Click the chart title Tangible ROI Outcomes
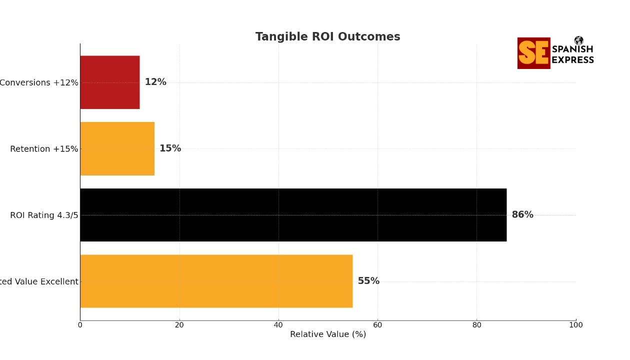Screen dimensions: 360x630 (327, 37)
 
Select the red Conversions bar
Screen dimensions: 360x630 (110, 82)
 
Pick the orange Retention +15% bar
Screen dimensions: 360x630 (117, 148)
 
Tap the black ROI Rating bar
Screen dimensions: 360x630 (293, 215)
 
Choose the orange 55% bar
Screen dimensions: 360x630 (216, 281)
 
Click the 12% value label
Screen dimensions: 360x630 (155, 82)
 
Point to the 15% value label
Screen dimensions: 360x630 (170, 148)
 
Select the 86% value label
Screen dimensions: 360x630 (522, 215)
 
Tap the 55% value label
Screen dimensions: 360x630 (368, 281)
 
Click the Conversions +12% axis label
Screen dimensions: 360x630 (39, 82)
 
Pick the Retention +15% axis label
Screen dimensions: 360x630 (44, 149)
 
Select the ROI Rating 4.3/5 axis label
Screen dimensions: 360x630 (44, 215)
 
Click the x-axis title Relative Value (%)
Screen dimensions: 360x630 (328, 334)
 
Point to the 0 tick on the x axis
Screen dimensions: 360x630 (80, 325)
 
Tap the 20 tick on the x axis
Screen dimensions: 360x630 (179, 325)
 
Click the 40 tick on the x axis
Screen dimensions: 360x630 (278, 325)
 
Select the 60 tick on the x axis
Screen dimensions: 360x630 (377, 325)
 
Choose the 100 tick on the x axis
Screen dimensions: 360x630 (576, 325)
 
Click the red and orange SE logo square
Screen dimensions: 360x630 (533, 53)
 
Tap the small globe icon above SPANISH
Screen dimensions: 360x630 (579, 40)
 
